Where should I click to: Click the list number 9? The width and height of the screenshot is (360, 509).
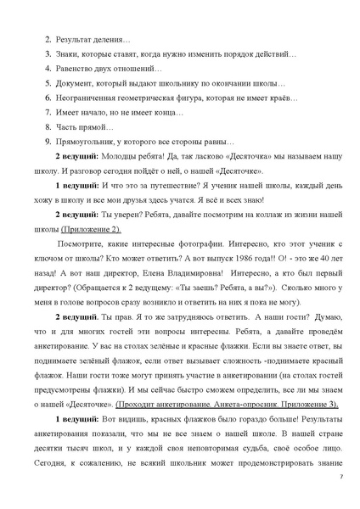tap(48, 141)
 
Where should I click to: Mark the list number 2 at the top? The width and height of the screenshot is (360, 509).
tap(48, 40)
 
